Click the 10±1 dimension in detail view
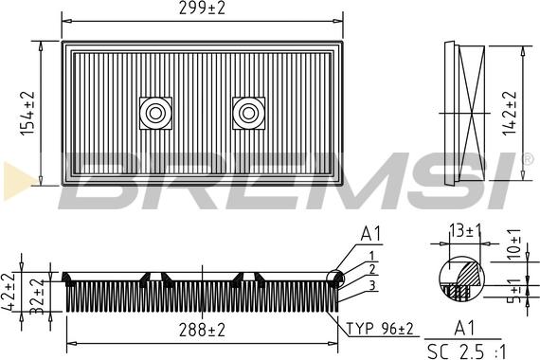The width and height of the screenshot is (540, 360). (515, 243)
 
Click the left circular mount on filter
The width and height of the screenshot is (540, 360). (153, 113)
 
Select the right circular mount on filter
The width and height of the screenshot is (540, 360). (249, 113)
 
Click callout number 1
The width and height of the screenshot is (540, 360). (372, 255)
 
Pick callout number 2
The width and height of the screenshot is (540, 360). (372, 269)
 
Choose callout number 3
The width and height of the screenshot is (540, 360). (372, 285)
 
